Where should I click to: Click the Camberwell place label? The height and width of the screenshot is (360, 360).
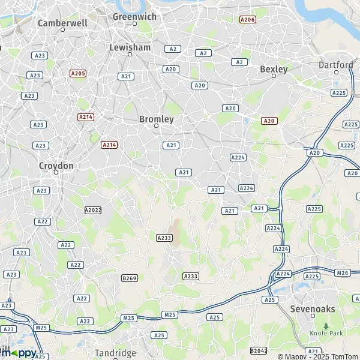coord(62,22)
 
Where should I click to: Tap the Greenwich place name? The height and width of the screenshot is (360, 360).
coord(134,17)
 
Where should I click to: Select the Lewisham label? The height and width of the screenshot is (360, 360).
coord(130,46)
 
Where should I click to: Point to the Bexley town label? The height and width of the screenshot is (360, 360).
coord(274,69)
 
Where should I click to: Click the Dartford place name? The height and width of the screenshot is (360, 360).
coord(336,64)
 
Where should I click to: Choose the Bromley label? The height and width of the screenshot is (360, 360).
coord(156,119)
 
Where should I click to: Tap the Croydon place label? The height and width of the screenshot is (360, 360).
coord(56,165)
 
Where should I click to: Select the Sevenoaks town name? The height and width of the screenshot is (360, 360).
coord(312,308)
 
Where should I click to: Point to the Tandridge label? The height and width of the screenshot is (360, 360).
coord(116,353)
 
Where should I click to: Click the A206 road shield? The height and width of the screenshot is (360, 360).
coord(247,20)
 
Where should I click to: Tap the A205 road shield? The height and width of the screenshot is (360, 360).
coord(78,73)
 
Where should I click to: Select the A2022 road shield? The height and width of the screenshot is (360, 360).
coord(93,210)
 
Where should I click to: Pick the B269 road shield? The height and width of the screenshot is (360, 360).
coord(130,278)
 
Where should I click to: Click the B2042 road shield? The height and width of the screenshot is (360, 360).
coord(259,350)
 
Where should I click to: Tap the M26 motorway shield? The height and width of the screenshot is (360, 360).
coord(343,273)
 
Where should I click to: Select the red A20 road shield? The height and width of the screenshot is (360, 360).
coord(269,121)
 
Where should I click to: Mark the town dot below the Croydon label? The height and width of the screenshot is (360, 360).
coord(56,173)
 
